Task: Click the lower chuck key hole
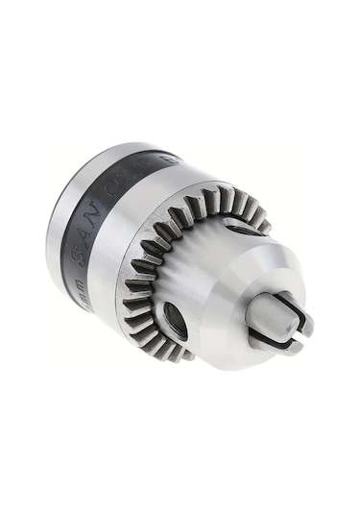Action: (x=176, y=321)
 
